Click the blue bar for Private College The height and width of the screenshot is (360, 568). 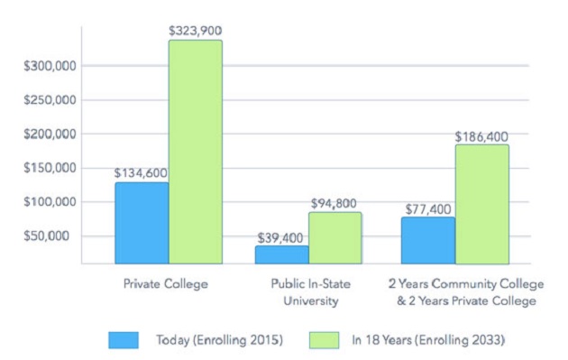142,223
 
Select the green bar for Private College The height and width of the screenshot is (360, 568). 196,152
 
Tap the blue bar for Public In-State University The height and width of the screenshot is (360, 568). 282,254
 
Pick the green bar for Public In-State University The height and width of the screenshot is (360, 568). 335,238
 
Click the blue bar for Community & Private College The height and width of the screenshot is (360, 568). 428,240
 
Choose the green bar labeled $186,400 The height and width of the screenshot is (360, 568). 482,205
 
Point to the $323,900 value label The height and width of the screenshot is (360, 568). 196,31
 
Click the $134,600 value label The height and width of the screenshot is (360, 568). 141,173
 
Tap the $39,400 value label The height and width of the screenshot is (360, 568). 280,238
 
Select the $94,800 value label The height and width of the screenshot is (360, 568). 334,203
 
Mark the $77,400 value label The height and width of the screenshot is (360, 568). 428,209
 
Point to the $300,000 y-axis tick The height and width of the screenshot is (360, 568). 50,66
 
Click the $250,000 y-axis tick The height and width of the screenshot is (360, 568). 50,99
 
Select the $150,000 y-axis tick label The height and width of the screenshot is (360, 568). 50,168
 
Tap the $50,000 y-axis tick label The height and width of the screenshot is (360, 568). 46,236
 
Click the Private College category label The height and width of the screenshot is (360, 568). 166,284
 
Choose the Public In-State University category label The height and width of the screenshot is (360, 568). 311,292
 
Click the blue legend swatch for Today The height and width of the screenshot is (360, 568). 124,340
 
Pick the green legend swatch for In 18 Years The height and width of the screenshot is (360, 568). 325,340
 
